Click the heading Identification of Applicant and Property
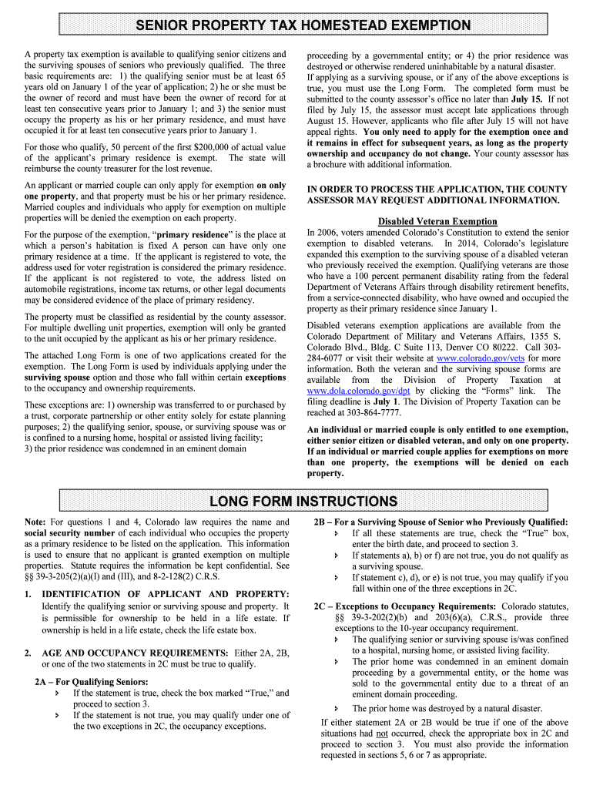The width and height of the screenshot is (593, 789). point(165,593)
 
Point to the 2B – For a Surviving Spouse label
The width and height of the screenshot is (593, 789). point(441,522)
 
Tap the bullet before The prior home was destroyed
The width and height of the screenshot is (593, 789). point(336,708)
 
